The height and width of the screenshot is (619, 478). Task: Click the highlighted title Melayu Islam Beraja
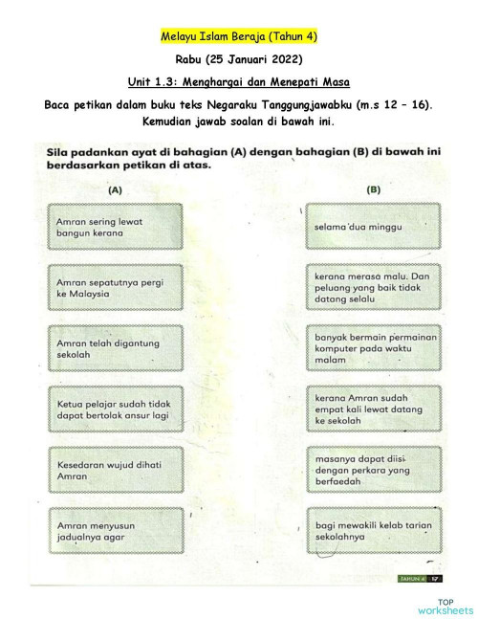[239, 36]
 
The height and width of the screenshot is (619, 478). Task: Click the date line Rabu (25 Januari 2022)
[239, 59]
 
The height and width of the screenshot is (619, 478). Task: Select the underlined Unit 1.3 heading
[239, 82]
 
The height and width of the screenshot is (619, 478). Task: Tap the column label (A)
[115, 189]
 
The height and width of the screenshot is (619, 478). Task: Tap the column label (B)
[373, 189]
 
